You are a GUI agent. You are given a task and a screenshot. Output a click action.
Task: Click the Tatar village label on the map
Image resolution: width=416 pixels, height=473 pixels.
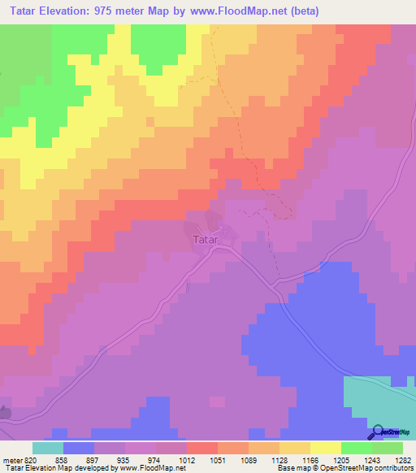(x=206, y=240)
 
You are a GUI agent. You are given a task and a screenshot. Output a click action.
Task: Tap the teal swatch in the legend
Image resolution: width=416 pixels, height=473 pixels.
(x=47, y=448)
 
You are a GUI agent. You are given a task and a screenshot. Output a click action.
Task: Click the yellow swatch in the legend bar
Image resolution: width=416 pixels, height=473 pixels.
(x=325, y=448)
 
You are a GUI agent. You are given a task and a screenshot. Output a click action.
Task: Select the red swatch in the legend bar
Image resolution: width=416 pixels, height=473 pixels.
(x=201, y=448)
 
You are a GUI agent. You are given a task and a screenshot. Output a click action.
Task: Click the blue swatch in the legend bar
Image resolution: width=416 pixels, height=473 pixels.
(x=78, y=448)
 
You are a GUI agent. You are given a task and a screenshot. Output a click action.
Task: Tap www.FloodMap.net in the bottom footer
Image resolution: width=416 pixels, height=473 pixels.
(x=158, y=469)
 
